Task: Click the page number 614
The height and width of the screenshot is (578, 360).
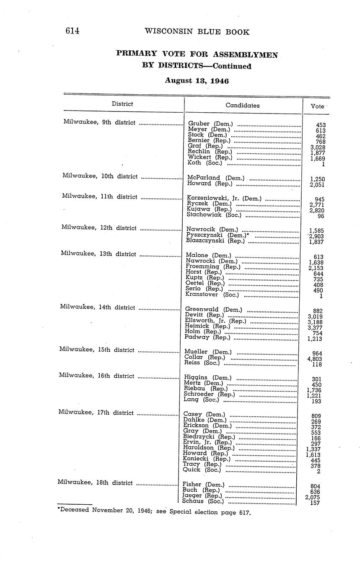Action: (72, 31)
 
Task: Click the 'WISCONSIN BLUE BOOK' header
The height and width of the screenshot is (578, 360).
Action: (197, 32)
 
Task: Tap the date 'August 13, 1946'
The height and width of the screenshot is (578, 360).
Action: (197, 80)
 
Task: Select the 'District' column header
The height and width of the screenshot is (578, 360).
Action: (122, 104)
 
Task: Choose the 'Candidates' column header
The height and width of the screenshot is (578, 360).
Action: (242, 106)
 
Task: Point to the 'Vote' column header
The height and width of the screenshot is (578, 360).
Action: (317, 106)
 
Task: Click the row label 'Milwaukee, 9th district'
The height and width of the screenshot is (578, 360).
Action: (99, 122)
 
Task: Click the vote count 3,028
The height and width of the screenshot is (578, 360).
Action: (318, 147)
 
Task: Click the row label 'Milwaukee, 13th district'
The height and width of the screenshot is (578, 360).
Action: (98, 254)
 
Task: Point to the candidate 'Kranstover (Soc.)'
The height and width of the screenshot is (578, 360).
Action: (212, 294)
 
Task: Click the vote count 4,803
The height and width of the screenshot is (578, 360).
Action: (314, 359)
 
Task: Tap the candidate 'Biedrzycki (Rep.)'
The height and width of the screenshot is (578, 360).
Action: (209, 437)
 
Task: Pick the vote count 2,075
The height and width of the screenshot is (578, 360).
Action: (313, 497)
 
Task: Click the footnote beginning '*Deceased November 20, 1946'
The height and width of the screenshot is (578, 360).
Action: (154, 511)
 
